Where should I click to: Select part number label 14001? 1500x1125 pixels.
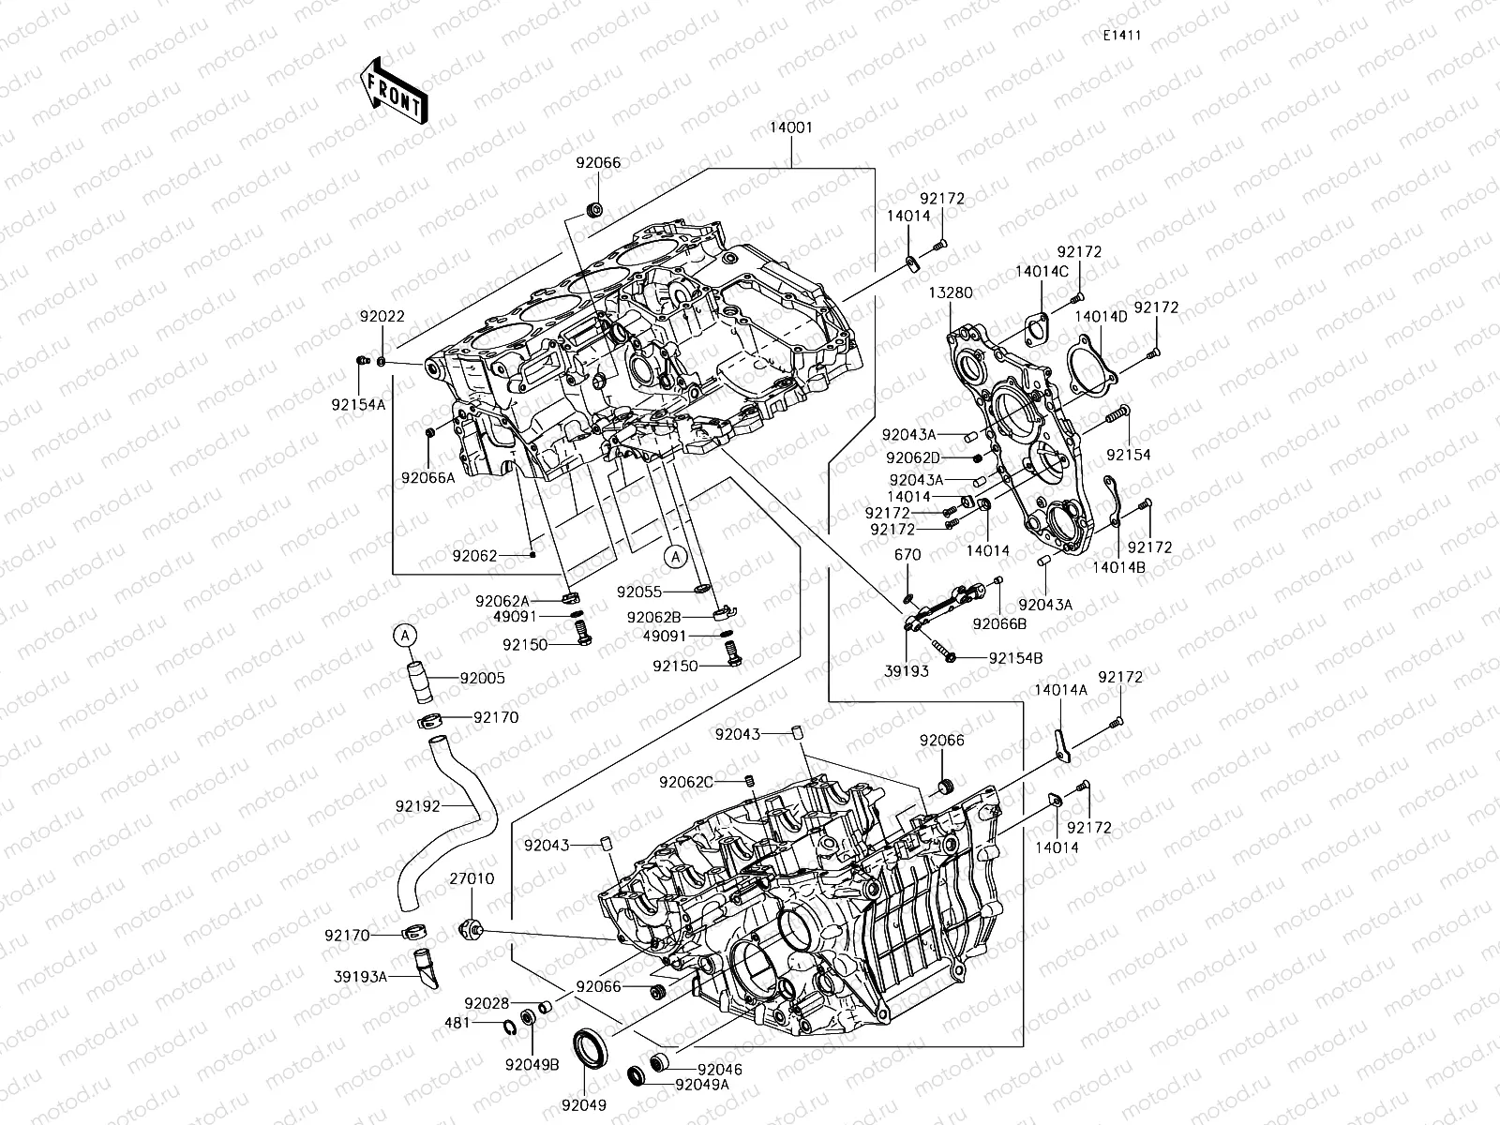[x=791, y=128]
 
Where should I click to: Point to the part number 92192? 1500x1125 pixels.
[x=416, y=804]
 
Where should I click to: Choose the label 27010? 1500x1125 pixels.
[x=472, y=879]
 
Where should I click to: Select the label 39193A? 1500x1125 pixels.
[x=360, y=976]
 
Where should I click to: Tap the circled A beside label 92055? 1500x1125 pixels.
[x=675, y=556]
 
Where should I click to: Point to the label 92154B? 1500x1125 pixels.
[x=1015, y=658]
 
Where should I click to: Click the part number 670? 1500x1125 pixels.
[x=907, y=555]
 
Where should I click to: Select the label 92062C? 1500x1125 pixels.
[x=686, y=782]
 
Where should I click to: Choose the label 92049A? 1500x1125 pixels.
[x=701, y=1085]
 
